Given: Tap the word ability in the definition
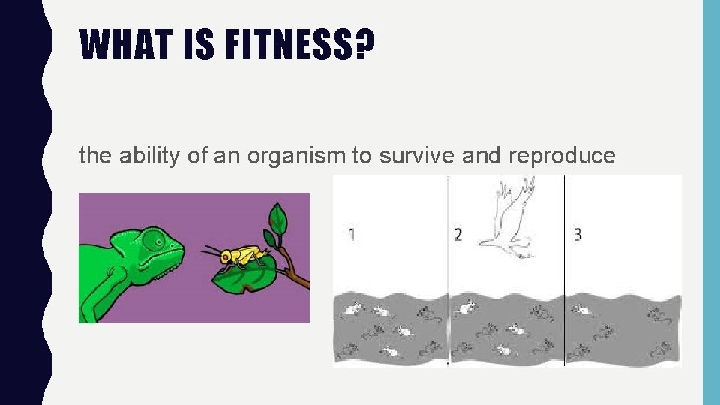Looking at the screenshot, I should (141, 156).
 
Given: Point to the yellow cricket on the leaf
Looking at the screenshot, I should (239, 256).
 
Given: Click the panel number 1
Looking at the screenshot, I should (352, 235).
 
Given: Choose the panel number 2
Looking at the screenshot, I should (457, 235).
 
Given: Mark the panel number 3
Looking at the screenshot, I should (577, 235).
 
